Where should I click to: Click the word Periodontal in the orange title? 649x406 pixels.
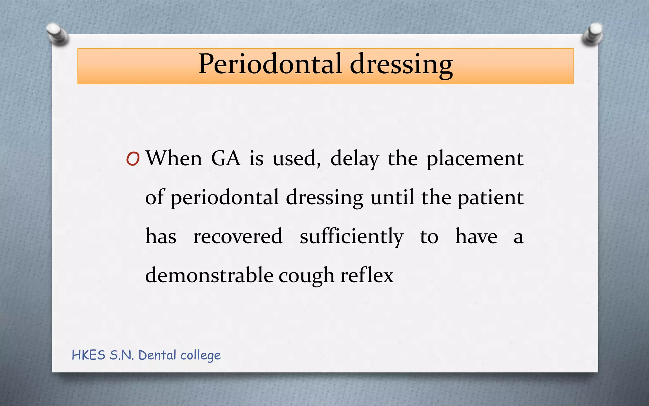[270, 64]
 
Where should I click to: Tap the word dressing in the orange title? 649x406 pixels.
[401, 65]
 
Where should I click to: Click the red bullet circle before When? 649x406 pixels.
[133, 159]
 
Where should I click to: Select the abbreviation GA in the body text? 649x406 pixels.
[226, 158]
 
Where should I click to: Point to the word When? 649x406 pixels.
[174, 158]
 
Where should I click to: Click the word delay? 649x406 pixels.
[355, 159]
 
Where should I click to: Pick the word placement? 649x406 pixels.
[475, 159]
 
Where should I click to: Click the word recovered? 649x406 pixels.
[238, 236]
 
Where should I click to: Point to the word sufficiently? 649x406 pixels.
[351, 237]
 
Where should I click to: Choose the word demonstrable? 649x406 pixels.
[209, 275]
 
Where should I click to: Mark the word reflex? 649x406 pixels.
[367, 275]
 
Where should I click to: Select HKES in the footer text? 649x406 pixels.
[88, 355]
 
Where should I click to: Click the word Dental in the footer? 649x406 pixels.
[157, 355]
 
